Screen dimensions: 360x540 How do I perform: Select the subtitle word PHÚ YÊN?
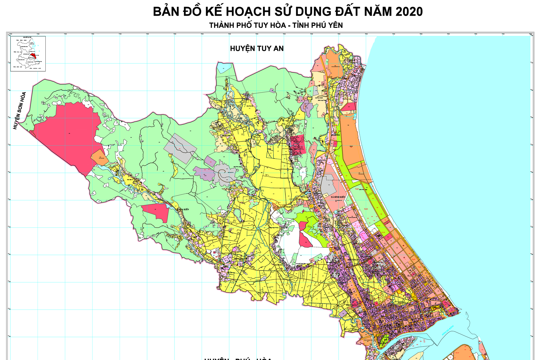pos(327,25)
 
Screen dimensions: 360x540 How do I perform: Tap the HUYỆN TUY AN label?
pos(257,49)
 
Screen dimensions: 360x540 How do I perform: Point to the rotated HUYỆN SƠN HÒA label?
pos(20,111)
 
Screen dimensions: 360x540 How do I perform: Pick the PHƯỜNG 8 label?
pos(352,305)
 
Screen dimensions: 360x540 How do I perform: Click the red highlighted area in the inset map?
pos(33,56)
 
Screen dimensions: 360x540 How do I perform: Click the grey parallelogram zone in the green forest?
pos(180,148)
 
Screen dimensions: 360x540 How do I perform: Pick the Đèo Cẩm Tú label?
pos(130,180)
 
